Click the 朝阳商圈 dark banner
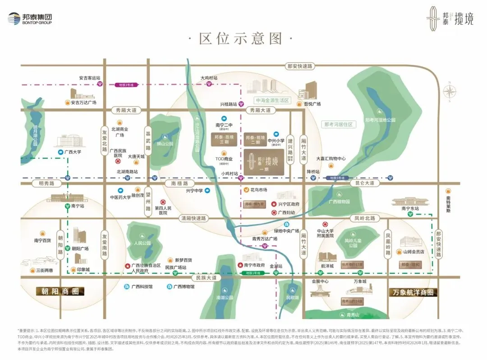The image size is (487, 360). pos(60,292)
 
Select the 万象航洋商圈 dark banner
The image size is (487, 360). pos(413,292)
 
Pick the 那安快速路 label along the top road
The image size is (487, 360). pos(299,66)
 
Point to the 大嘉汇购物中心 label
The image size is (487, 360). pos(331,159)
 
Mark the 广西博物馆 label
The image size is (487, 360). pos(184,286)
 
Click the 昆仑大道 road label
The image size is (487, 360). pos(364,183)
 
